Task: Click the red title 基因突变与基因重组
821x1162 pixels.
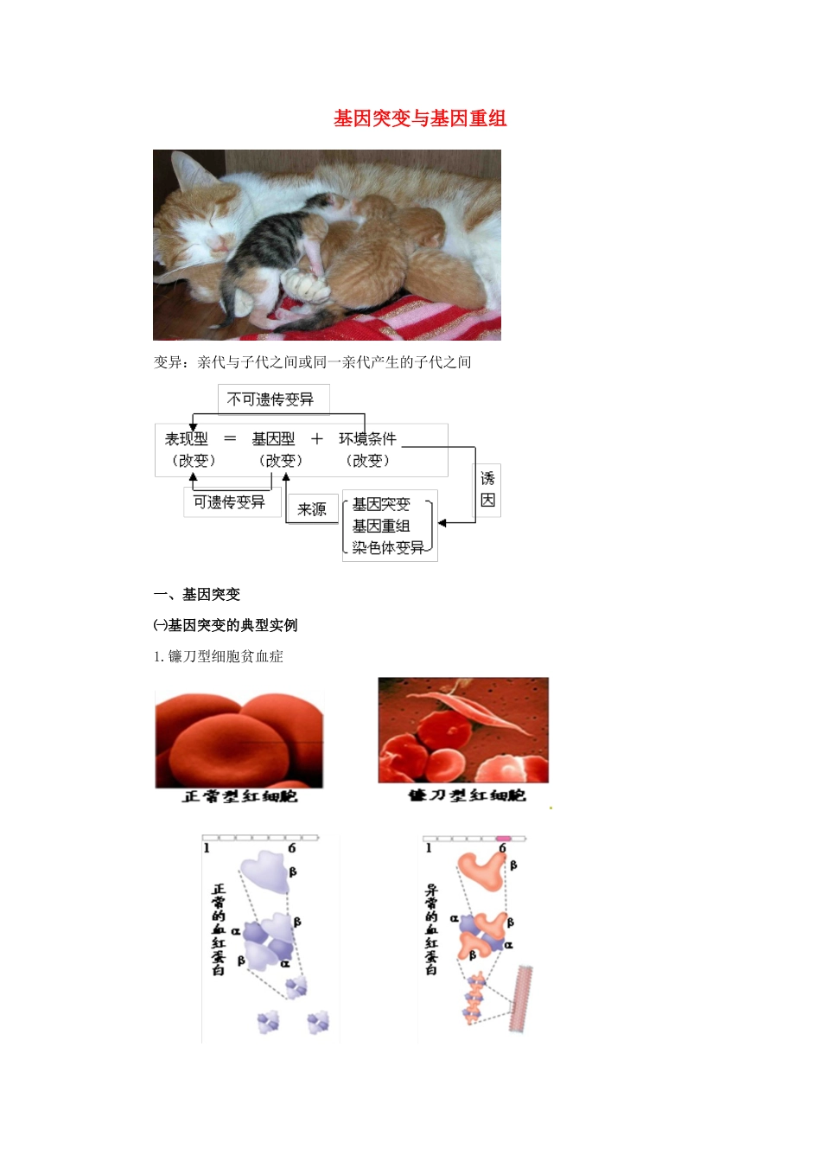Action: point(420,118)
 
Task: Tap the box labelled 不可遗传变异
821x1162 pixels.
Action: point(270,399)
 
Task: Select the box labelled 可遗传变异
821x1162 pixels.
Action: point(229,502)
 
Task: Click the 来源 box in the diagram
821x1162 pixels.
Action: point(311,509)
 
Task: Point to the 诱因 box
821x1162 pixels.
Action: point(487,489)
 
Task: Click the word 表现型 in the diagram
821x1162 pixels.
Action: point(187,439)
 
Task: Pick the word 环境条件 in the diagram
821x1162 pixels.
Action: point(367,439)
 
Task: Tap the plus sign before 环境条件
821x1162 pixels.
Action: point(317,439)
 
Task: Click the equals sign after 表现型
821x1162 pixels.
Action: point(230,439)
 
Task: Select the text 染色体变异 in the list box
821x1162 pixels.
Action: point(388,547)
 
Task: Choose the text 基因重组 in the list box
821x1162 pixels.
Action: point(381,526)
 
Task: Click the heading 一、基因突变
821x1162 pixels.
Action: point(197,595)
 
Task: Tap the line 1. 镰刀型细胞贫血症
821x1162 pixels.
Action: point(219,656)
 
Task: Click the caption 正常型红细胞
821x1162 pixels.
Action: point(239,796)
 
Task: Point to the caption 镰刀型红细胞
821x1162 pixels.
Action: point(467,795)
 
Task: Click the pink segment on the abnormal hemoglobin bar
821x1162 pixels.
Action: point(503,838)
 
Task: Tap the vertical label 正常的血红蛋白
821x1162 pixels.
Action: point(219,929)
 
